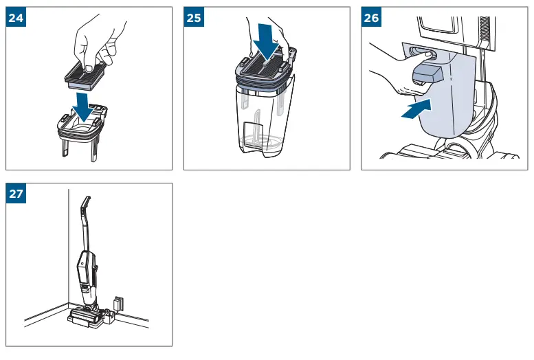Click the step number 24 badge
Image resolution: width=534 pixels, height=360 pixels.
(16, 17)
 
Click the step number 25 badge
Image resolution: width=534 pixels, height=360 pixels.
(194, 17)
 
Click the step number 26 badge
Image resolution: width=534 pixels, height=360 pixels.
(371, 17)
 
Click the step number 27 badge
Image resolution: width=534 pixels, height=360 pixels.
(16, 193)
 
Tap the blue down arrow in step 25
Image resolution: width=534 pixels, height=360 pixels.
(267, 42)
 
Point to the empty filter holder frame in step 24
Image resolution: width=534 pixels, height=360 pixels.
(82, 128)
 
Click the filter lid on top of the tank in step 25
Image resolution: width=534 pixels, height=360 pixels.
(265, 70)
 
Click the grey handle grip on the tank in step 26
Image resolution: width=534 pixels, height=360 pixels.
(427, 74)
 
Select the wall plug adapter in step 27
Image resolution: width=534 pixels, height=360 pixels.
(118, 303)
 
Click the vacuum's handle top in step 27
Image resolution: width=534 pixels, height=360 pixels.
(86, 203)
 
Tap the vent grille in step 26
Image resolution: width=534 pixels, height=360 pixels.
(484, 32)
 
